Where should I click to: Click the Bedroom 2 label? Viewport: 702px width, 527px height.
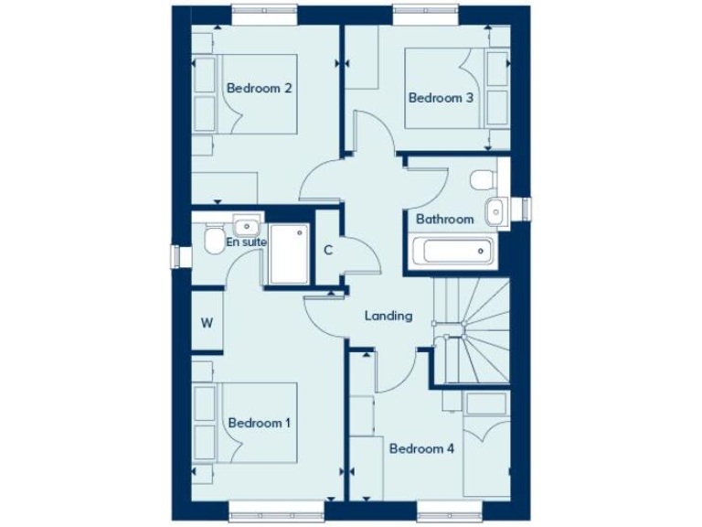(x=259, y=89)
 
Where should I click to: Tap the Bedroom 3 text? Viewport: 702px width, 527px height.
(x=441, y=98)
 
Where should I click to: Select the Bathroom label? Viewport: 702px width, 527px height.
(x=444, y=220)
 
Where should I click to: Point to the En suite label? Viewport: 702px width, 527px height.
(x=246, y=242)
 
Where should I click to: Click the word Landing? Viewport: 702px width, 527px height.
(x=388, y=316)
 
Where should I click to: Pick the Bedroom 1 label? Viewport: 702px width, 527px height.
(x=259, y=424)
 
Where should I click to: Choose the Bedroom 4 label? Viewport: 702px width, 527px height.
(x=421, y=448)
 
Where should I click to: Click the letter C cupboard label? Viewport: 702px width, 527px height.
(x=327, y=250)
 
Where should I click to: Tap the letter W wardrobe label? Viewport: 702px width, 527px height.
(x=207, y=323)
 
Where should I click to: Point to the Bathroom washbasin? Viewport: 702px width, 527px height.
(x=495, y=210)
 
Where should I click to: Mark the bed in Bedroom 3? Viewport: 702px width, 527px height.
(x=448, y=91)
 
